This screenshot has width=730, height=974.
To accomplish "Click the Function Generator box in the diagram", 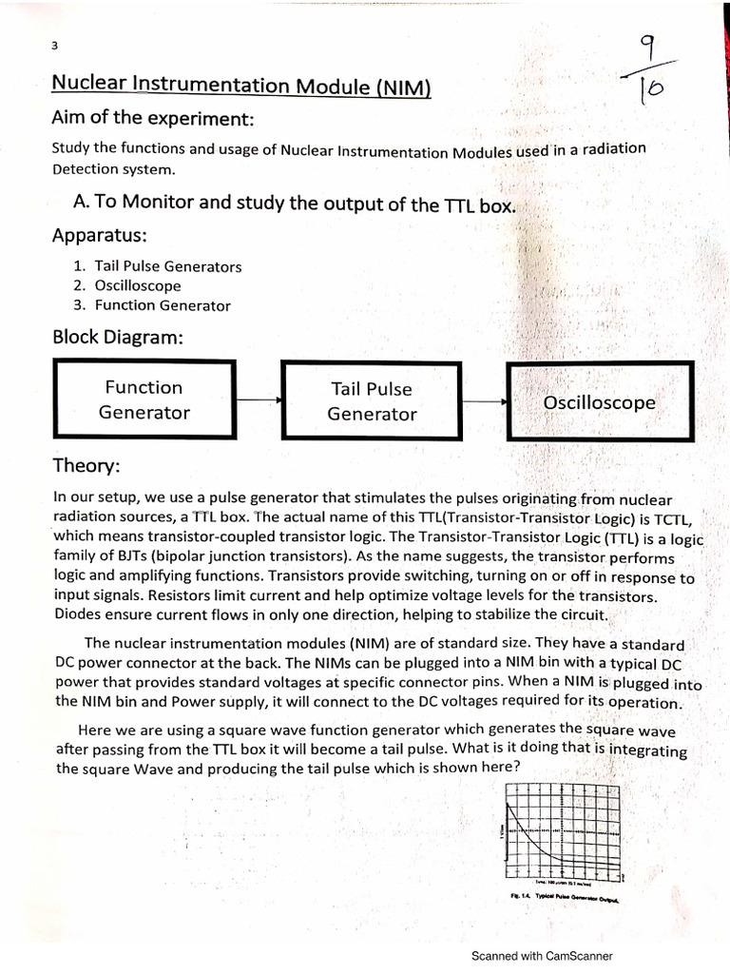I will click(x=144, y=399).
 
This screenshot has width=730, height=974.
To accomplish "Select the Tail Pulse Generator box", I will click(x=372, y=400).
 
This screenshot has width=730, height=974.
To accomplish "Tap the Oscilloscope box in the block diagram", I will click(x=599, y=401).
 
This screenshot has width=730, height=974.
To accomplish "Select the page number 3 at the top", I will click(x=55, y=46).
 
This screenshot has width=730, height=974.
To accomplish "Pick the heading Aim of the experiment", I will click(x=153, y=120).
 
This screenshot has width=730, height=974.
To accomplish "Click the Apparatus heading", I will click(x=99, y=235).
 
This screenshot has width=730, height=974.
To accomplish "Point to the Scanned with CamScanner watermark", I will click(x=542, y=956).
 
